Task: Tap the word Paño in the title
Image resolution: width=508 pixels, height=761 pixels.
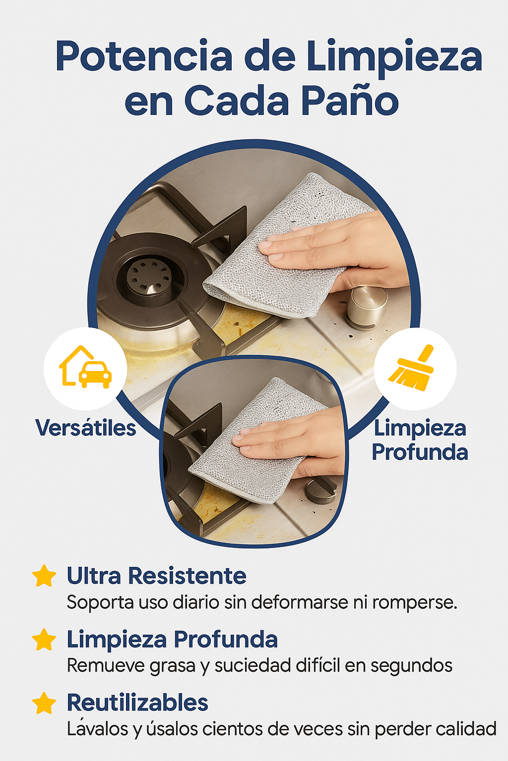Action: tap(350, 101)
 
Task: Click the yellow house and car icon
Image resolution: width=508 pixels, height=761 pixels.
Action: tap(85, 367)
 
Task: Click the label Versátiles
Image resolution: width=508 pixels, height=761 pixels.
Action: tap(86, 428)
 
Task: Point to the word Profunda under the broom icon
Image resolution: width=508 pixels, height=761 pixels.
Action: tap(420, 452)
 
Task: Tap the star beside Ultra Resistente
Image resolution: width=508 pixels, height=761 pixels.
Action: tap(44, 576)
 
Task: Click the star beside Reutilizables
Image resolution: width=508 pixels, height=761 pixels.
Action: tap(44, 703)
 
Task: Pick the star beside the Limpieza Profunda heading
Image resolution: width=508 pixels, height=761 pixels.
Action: tap(44, 640)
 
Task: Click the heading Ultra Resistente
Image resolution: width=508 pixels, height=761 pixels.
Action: tap(156, 576)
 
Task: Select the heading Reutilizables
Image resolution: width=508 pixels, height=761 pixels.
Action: tap(137, 702)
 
